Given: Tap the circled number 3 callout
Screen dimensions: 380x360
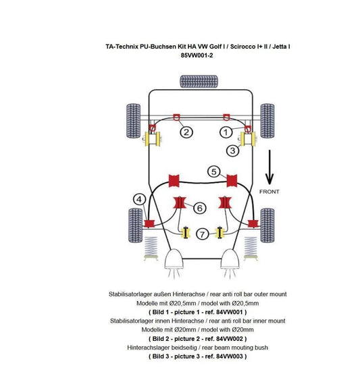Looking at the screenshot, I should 232,151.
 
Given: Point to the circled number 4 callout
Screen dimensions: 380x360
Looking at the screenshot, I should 139,199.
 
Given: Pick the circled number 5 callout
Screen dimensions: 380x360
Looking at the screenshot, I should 213,171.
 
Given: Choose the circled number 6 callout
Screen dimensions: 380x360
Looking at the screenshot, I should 200,208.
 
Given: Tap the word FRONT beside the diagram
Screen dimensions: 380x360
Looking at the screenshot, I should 269,192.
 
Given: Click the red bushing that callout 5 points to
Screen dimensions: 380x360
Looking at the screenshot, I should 233,180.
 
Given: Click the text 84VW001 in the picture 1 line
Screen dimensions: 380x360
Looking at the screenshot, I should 228,313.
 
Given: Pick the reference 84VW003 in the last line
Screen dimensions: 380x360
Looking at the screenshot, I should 229,356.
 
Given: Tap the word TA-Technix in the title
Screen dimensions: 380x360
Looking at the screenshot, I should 125,47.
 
